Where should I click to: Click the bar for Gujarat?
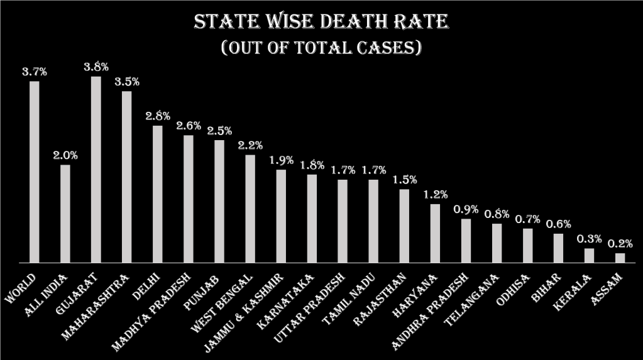(96, 169)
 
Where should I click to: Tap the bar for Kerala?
(589, 255)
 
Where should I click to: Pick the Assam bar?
(620, 258)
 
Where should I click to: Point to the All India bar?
(65, 213)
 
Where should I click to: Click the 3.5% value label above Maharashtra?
(127, 82)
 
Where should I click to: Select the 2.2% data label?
(250, 145)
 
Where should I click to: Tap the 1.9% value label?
(281, 160)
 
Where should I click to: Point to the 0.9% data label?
(466, 209)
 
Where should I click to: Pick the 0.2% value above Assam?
(620, 244)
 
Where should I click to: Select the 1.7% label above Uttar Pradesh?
(343, 170)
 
